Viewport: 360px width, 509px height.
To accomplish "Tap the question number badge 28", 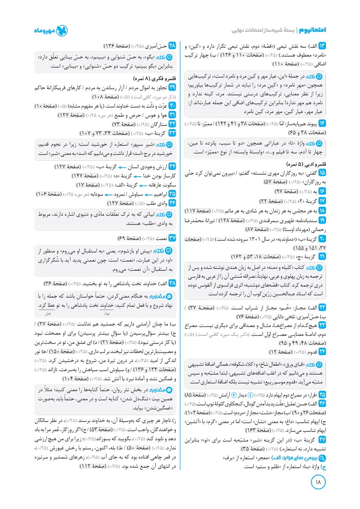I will coord(171,46).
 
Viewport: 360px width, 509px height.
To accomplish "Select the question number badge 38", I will coord(171,284).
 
